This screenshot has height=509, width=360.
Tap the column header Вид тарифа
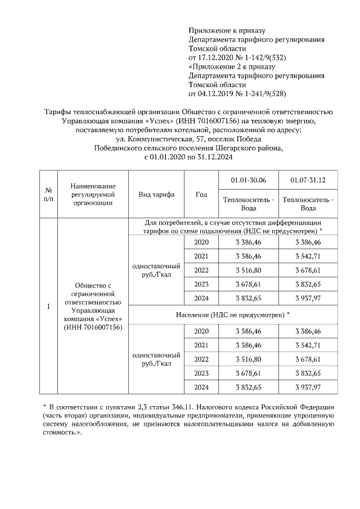156,195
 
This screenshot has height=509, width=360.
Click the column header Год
201,195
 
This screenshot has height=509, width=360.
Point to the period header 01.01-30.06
249,180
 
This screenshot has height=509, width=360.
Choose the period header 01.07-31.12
308,180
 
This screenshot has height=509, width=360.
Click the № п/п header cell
48,195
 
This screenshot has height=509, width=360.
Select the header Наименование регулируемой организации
93,195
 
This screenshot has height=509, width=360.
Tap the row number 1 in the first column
48,307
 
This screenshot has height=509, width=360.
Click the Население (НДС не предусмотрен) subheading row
233,313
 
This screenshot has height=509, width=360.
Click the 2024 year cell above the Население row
201,299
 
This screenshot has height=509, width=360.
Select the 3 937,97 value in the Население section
308,387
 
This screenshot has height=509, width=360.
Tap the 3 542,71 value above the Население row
308,256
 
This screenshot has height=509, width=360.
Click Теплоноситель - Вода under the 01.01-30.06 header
249,204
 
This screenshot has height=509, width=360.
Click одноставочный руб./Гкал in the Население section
156,359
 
